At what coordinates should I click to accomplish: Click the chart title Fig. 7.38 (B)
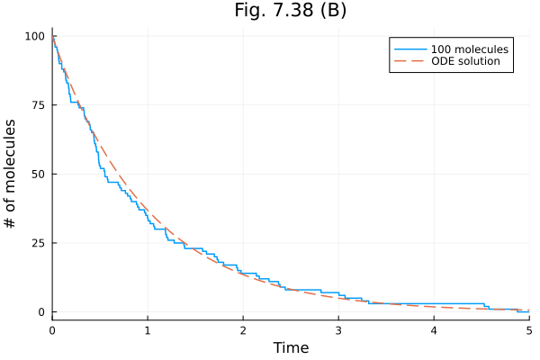[x=291, y=10]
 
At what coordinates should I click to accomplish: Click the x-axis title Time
[x=291, y=347]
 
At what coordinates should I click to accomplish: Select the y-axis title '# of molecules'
[x=10, y=174]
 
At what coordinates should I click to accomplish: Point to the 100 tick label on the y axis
[x=35, y=36]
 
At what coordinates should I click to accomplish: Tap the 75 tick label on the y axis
[x=38, y=105]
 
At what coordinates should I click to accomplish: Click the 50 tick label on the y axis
[x=38, y=174]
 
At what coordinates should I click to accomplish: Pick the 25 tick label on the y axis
[x=38, y=243]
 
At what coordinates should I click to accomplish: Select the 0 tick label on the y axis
[x=41, y=312]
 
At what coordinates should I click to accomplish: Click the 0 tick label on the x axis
[x=52, y=330]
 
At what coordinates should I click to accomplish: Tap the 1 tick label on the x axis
[x=148, y=330]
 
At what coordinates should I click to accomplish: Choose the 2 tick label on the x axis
[x=243, y=330]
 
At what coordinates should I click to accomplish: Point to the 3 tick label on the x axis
[x=338, y=330]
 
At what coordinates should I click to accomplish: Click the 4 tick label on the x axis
[x=434, y=330]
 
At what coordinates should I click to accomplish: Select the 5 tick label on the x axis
[x=529, y=330]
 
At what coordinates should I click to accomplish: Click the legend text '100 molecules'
[x=470, y=49]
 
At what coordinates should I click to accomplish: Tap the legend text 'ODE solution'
[x=465, y=61]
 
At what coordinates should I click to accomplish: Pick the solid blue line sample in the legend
[x=410, y=49]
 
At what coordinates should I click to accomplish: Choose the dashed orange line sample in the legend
[x=410, y=61]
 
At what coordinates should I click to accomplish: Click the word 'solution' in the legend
[x=477, y=61]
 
